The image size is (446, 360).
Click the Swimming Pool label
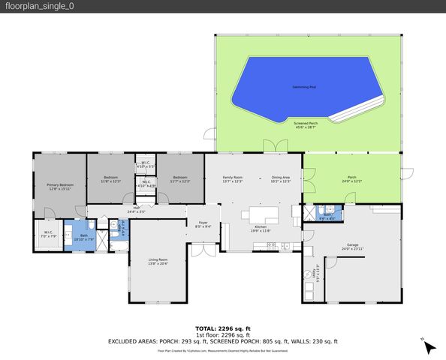pyautogui.click(x=303, y=87)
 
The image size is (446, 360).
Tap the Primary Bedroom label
pyautogui.click(x=60, y=187)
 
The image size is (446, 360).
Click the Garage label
pyautogui.click(x=352, y=246)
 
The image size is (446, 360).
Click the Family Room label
pyautogui.click(x=233, y=179)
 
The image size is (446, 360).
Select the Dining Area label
pyautogui.click(x=281, y=179)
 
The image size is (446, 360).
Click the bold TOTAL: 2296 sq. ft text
pyautogui.click(x=222, y=328)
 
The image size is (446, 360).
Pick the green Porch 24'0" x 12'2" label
pyautogui.click(x=352, y=179)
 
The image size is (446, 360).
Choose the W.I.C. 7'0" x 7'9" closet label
pyautogui.click(x=47, y=234)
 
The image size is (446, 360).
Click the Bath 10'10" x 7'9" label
pyautogui.click(x=83, y=238)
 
